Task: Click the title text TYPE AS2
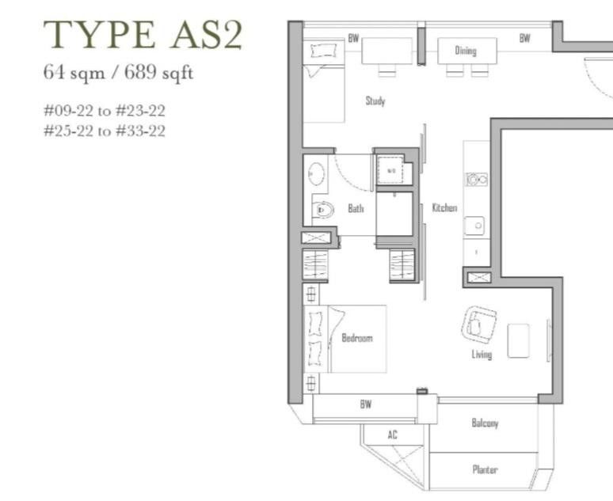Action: (x=143, y=36)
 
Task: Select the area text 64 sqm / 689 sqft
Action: (x=118, y=74)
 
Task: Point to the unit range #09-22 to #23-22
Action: (x=105, y=111)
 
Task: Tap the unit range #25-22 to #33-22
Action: (x=105, y=131)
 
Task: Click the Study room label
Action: (x=375, y=101)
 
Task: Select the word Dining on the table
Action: (x=466, y=51)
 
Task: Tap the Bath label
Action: (x=356, y=208)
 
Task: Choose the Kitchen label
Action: (x=444, y=207)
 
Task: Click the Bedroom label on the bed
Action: (x=356, y=338)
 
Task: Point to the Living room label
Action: (x=482, y=354)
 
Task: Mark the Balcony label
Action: (x=485, y=423)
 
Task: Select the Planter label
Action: (x=485, y=469)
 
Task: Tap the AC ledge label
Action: (x=393, y=435)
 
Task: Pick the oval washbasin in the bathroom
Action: (x=315, y=173)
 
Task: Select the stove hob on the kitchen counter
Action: (x=476, y=180)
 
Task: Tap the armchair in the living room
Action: (x=479, y=323)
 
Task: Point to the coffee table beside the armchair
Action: (x=518, y=340)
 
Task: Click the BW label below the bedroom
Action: (x=365, y=404)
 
